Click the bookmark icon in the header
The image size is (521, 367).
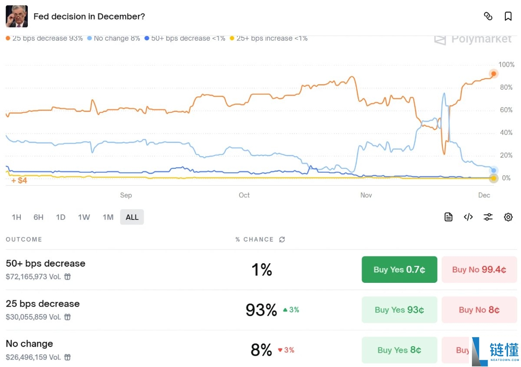(x=508, y=16)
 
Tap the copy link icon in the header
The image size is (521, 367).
(x=488, y=16)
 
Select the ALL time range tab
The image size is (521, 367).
(x=132, y=217)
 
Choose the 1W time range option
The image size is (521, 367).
(x=84, y=217)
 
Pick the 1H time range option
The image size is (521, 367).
(x=16, y=217)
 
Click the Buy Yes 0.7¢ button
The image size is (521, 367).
(x=399, y=269)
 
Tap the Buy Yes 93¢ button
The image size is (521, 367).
(x=399, y=310)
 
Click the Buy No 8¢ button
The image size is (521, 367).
(x=479, y=310)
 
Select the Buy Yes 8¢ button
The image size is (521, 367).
(x=399, y=350)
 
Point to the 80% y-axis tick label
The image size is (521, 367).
(x=506, y=87)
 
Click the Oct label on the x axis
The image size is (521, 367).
(x=244, y=195)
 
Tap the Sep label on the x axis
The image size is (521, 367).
(x=126, y=195)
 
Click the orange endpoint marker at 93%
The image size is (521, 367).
(x=494, y=73)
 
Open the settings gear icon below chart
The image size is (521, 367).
(x=508, y=217)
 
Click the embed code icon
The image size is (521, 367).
(x=468, y=217)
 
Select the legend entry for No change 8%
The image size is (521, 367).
(x=114, y=39)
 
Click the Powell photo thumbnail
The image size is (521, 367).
(x=16, y=16)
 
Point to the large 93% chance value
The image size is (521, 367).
(x=261, y=310)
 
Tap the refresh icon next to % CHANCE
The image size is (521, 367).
(x=282, y=239)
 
